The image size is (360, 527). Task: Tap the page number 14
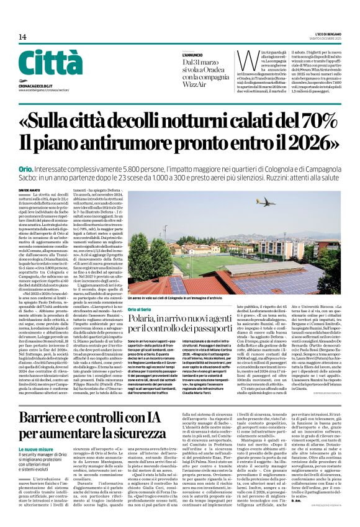22,37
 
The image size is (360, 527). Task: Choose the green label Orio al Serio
140,309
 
